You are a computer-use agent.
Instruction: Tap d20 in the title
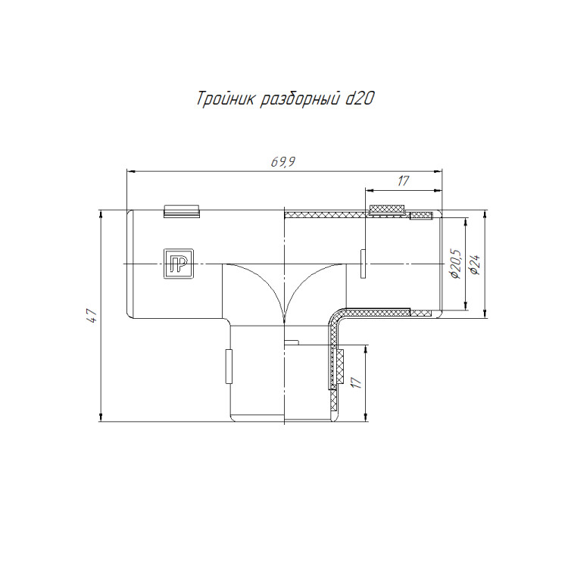pyautogui.click(x=359, y=99)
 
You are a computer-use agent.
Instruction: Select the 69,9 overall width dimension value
pyautogui.click(x=283, y=162)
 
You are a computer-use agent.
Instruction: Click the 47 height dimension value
pyautogui.click(x=92, y=316)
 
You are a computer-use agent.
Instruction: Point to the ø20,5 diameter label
pyautogui.click(x=454, y=264)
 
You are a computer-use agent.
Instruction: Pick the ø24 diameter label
pyautogui.click(x=475, y=264)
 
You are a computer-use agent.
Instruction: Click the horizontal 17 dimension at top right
pyautogui.click(x=403, y=180)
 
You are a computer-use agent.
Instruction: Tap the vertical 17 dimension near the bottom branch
pyautogui.click(x=357, y=382)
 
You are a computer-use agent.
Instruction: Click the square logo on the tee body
pyautogui.click(x=178, y=264)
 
